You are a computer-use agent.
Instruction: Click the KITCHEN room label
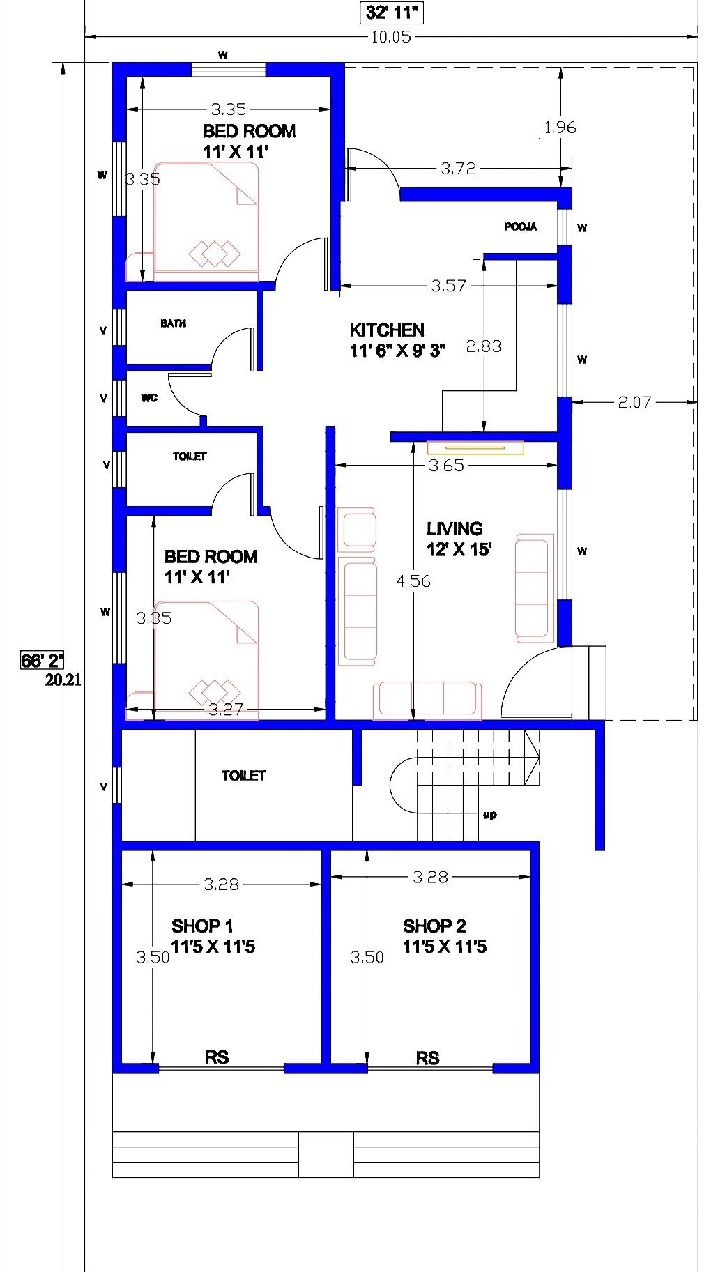point(387,330)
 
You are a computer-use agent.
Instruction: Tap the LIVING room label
point(455,529)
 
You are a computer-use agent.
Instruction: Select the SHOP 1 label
point(202,926)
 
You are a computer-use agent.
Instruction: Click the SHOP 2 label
point(434,926)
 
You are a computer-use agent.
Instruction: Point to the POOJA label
point(521,227)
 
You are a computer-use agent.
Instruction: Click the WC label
point(149,398)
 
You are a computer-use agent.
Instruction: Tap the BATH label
point(173,323)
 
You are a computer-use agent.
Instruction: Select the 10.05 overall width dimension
point(391,37)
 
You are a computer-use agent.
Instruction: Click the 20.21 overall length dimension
point(63,681)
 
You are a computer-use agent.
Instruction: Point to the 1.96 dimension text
point(560,128)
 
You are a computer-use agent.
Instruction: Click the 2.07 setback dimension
point(634,402)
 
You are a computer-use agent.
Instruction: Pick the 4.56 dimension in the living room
point(413,581)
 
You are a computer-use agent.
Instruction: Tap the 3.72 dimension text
point(458,169)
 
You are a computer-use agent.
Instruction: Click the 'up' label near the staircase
point(489,815)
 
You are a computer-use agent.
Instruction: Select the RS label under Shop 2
point(427,1058)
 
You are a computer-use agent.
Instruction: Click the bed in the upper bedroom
point(206,217)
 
